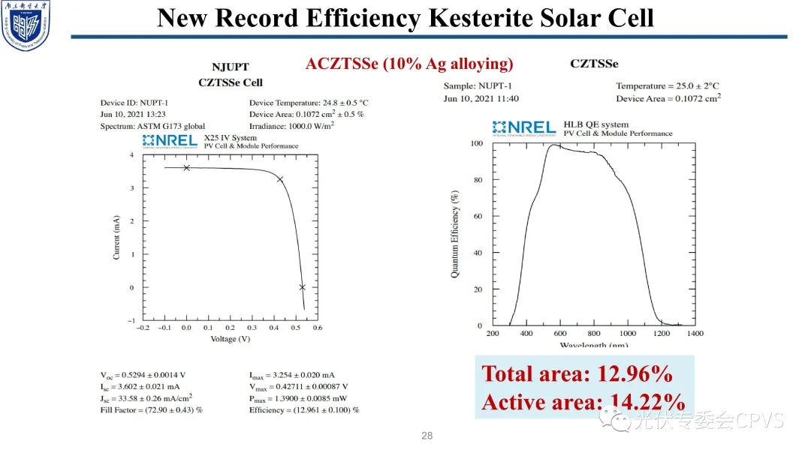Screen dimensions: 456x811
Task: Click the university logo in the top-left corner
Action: (x=26, y=26)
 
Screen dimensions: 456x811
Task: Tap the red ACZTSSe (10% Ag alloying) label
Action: (x=409, y=64)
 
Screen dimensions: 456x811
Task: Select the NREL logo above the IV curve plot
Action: (x=170, y=141)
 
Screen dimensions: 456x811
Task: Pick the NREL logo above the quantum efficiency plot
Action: (x=523, y=128)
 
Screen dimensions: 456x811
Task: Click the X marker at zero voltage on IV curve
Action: (x=187, y=168)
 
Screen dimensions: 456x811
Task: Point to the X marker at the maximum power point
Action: (x=280, y=179)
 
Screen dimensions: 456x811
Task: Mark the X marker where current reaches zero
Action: (x=302, y=287)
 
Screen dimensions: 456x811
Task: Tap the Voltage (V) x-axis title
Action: (x=230, y=339)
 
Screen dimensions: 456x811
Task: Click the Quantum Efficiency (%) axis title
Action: (x=455, y=234)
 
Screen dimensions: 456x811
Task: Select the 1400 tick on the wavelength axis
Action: (x=695, y=333)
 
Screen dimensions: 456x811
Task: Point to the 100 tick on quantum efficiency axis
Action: (x=476, y=143)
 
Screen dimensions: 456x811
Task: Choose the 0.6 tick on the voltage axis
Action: (x=317, y=328)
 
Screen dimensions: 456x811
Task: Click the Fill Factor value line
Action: (x=152, y=410)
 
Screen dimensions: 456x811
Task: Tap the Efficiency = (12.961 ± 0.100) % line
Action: (x=304, y=410)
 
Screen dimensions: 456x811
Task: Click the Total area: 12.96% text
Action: (x=577, y=373)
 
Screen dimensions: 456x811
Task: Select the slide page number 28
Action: (x=427, y=436)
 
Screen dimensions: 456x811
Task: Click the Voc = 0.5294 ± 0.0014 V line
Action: (x=143, y=374)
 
